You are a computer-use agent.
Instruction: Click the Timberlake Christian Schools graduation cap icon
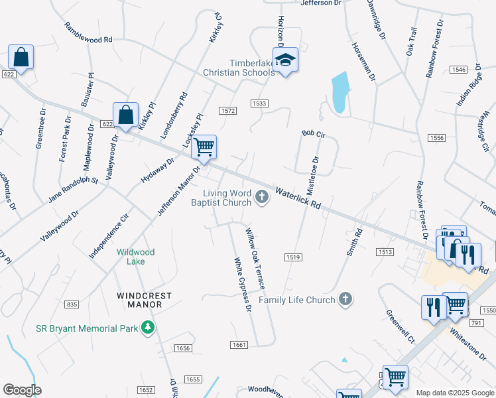286,60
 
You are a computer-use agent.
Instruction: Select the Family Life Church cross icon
345,300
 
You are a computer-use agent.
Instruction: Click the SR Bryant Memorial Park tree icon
147,328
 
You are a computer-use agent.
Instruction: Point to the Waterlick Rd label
298,198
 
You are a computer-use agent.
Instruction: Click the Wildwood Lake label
136,257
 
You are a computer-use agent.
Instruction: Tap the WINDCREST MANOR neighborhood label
145,300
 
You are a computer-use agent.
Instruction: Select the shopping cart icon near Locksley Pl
204,147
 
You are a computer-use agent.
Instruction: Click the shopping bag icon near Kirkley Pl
125,115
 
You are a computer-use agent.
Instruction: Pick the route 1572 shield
229,111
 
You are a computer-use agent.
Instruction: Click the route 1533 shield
259,103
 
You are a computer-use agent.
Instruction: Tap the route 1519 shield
294,257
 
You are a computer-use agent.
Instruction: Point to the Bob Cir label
313,134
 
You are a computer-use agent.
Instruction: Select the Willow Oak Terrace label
255,258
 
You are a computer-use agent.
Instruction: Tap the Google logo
22,390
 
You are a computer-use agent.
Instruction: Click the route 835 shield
72,304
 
